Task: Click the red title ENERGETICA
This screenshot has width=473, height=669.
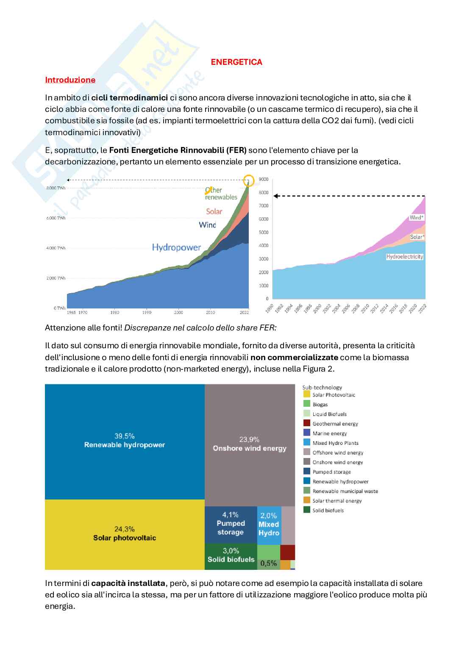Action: click(236, 62)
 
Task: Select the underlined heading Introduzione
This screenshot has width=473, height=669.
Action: click(70, 80)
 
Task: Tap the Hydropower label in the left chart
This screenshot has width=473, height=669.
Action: click(176, 247)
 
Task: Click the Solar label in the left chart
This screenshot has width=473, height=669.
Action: click(214, 211)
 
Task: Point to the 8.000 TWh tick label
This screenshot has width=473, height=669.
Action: click(56, 188)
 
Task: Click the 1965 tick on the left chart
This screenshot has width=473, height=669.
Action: click(71, 312)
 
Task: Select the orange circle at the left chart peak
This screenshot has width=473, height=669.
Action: click(249, 181)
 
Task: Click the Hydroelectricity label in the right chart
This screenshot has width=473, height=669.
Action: click(405, 257)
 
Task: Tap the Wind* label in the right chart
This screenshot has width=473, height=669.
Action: click(417, 218)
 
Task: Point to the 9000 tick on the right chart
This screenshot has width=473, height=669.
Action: click(264, 180)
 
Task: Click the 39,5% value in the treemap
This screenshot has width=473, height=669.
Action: click(124, 436)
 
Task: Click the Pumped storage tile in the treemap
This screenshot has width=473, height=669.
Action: click(231, 524)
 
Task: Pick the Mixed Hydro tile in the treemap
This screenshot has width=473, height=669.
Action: click(269, 525)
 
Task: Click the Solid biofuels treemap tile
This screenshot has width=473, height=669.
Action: click(231, 555)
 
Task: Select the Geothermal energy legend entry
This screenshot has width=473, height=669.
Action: click(335, 424)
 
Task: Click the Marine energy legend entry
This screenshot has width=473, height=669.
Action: click(329, 433)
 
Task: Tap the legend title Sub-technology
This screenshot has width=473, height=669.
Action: click(322, 387)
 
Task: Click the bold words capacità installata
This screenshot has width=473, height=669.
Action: click(128, 583)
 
